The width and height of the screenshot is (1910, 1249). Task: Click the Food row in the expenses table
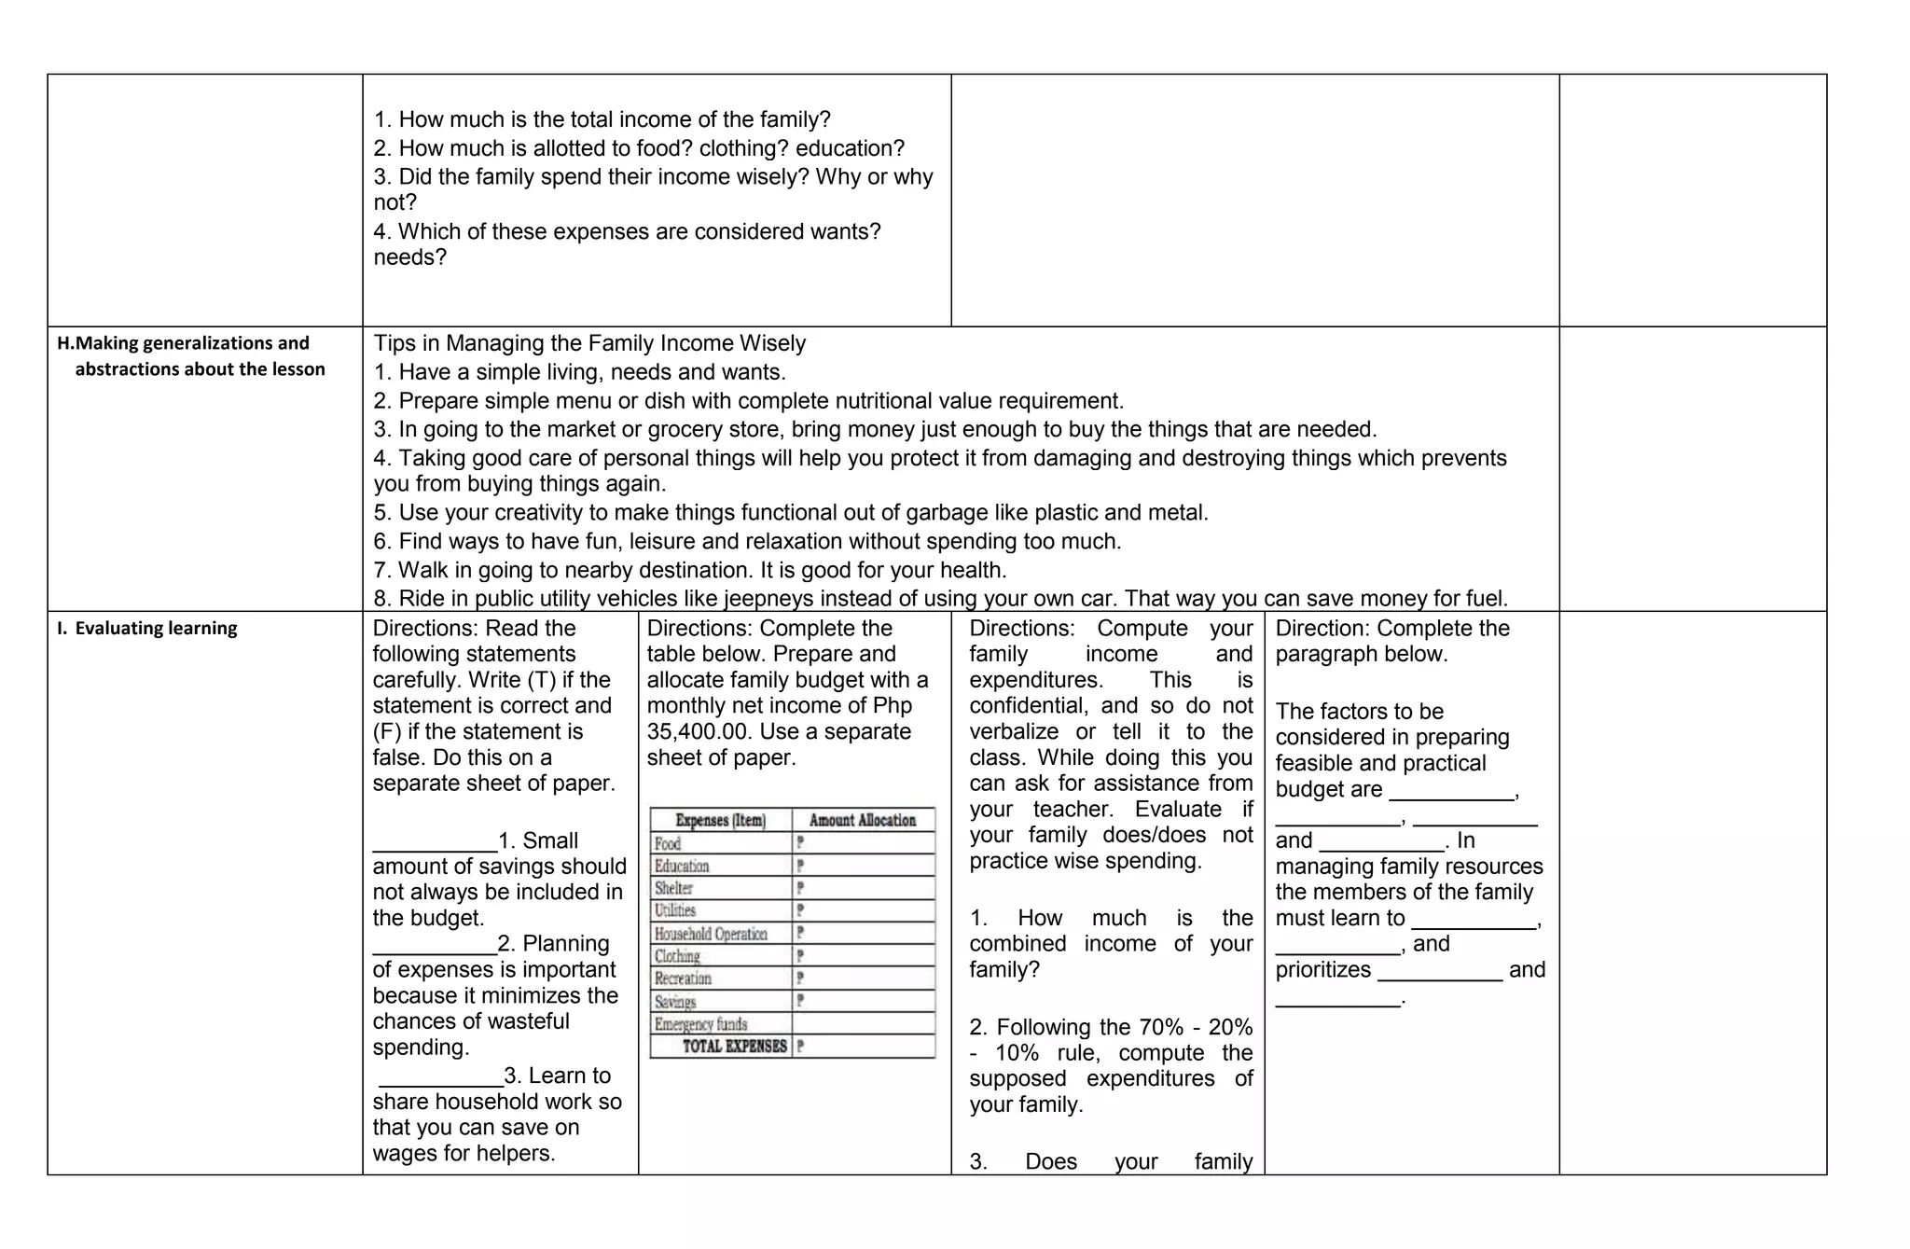pos(668,843)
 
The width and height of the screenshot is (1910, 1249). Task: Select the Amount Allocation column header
pos(862,820)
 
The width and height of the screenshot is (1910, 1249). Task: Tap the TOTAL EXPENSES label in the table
pos(734,1047)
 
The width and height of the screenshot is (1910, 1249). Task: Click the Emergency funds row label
pos(700,1024)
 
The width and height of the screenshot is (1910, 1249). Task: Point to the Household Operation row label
pos(711,934)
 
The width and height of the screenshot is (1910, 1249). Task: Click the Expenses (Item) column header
pos(720,820)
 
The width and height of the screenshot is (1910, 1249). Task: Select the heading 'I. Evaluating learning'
pos(146,628)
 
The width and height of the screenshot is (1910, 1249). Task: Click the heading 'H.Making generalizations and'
pos(183,343)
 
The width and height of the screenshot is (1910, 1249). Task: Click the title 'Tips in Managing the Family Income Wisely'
pos(589,343)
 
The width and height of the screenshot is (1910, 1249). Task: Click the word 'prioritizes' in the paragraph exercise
pos(1323,970)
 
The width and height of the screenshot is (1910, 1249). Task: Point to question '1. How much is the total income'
pos(602,119)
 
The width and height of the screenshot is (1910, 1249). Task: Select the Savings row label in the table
pos(675,1002)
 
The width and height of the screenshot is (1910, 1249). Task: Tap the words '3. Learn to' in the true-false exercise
pos(557,1076)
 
